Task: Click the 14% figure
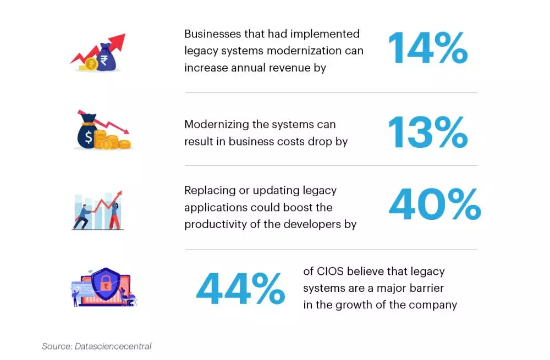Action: click(427, 48)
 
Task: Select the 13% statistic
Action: click(427, 132)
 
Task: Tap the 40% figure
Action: click(435, 204)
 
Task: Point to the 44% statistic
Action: click(240, 289)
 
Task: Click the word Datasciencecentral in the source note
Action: click(113, 346)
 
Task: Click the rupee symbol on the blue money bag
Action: click(104, 60)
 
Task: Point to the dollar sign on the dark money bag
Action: click(89, 137)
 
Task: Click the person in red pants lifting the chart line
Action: click(114, 216)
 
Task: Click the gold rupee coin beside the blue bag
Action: click(91, 64)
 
